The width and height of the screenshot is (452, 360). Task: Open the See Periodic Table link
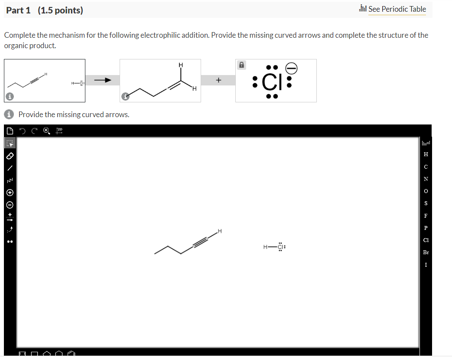(x=397, y=9)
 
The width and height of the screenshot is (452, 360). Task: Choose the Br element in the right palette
(x=426, y=252)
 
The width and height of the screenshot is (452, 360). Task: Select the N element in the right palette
(x=426, y=179)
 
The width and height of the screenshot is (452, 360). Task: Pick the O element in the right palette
(x=426, y=191)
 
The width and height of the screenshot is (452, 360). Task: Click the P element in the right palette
(x=426, y=228)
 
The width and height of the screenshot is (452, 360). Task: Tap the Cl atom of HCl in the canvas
(x=280, y=247)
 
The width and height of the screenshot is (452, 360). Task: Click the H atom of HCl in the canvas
(x=265, y=247)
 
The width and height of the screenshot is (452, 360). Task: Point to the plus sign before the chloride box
(x=218, y=80)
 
